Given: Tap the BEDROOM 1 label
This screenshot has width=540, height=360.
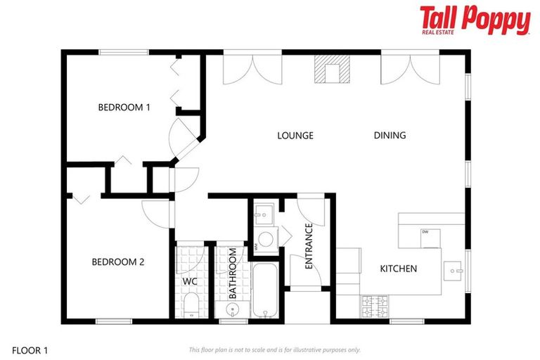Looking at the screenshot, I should coord(124,108).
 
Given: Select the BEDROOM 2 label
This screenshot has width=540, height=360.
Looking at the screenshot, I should coord(118,262).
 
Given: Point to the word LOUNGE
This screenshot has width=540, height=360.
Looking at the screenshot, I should coord(295,136).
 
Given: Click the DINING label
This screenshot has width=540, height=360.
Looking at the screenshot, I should coord(390,136).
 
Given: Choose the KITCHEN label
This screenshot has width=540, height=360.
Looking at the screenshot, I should coord(399,269).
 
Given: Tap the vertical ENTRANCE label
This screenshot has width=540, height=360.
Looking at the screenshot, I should coord(308,247).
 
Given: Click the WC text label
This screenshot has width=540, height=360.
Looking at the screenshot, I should coord(189,281).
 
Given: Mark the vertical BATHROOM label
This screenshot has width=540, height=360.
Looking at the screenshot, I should coord(232,275).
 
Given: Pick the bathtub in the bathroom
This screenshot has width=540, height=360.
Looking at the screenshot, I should coord(266,291).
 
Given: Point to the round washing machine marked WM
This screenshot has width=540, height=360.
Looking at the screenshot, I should coord(265,238).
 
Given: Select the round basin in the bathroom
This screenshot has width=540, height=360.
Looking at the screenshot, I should coord(233,309).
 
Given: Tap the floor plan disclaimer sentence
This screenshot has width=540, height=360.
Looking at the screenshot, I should coord(274,349).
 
